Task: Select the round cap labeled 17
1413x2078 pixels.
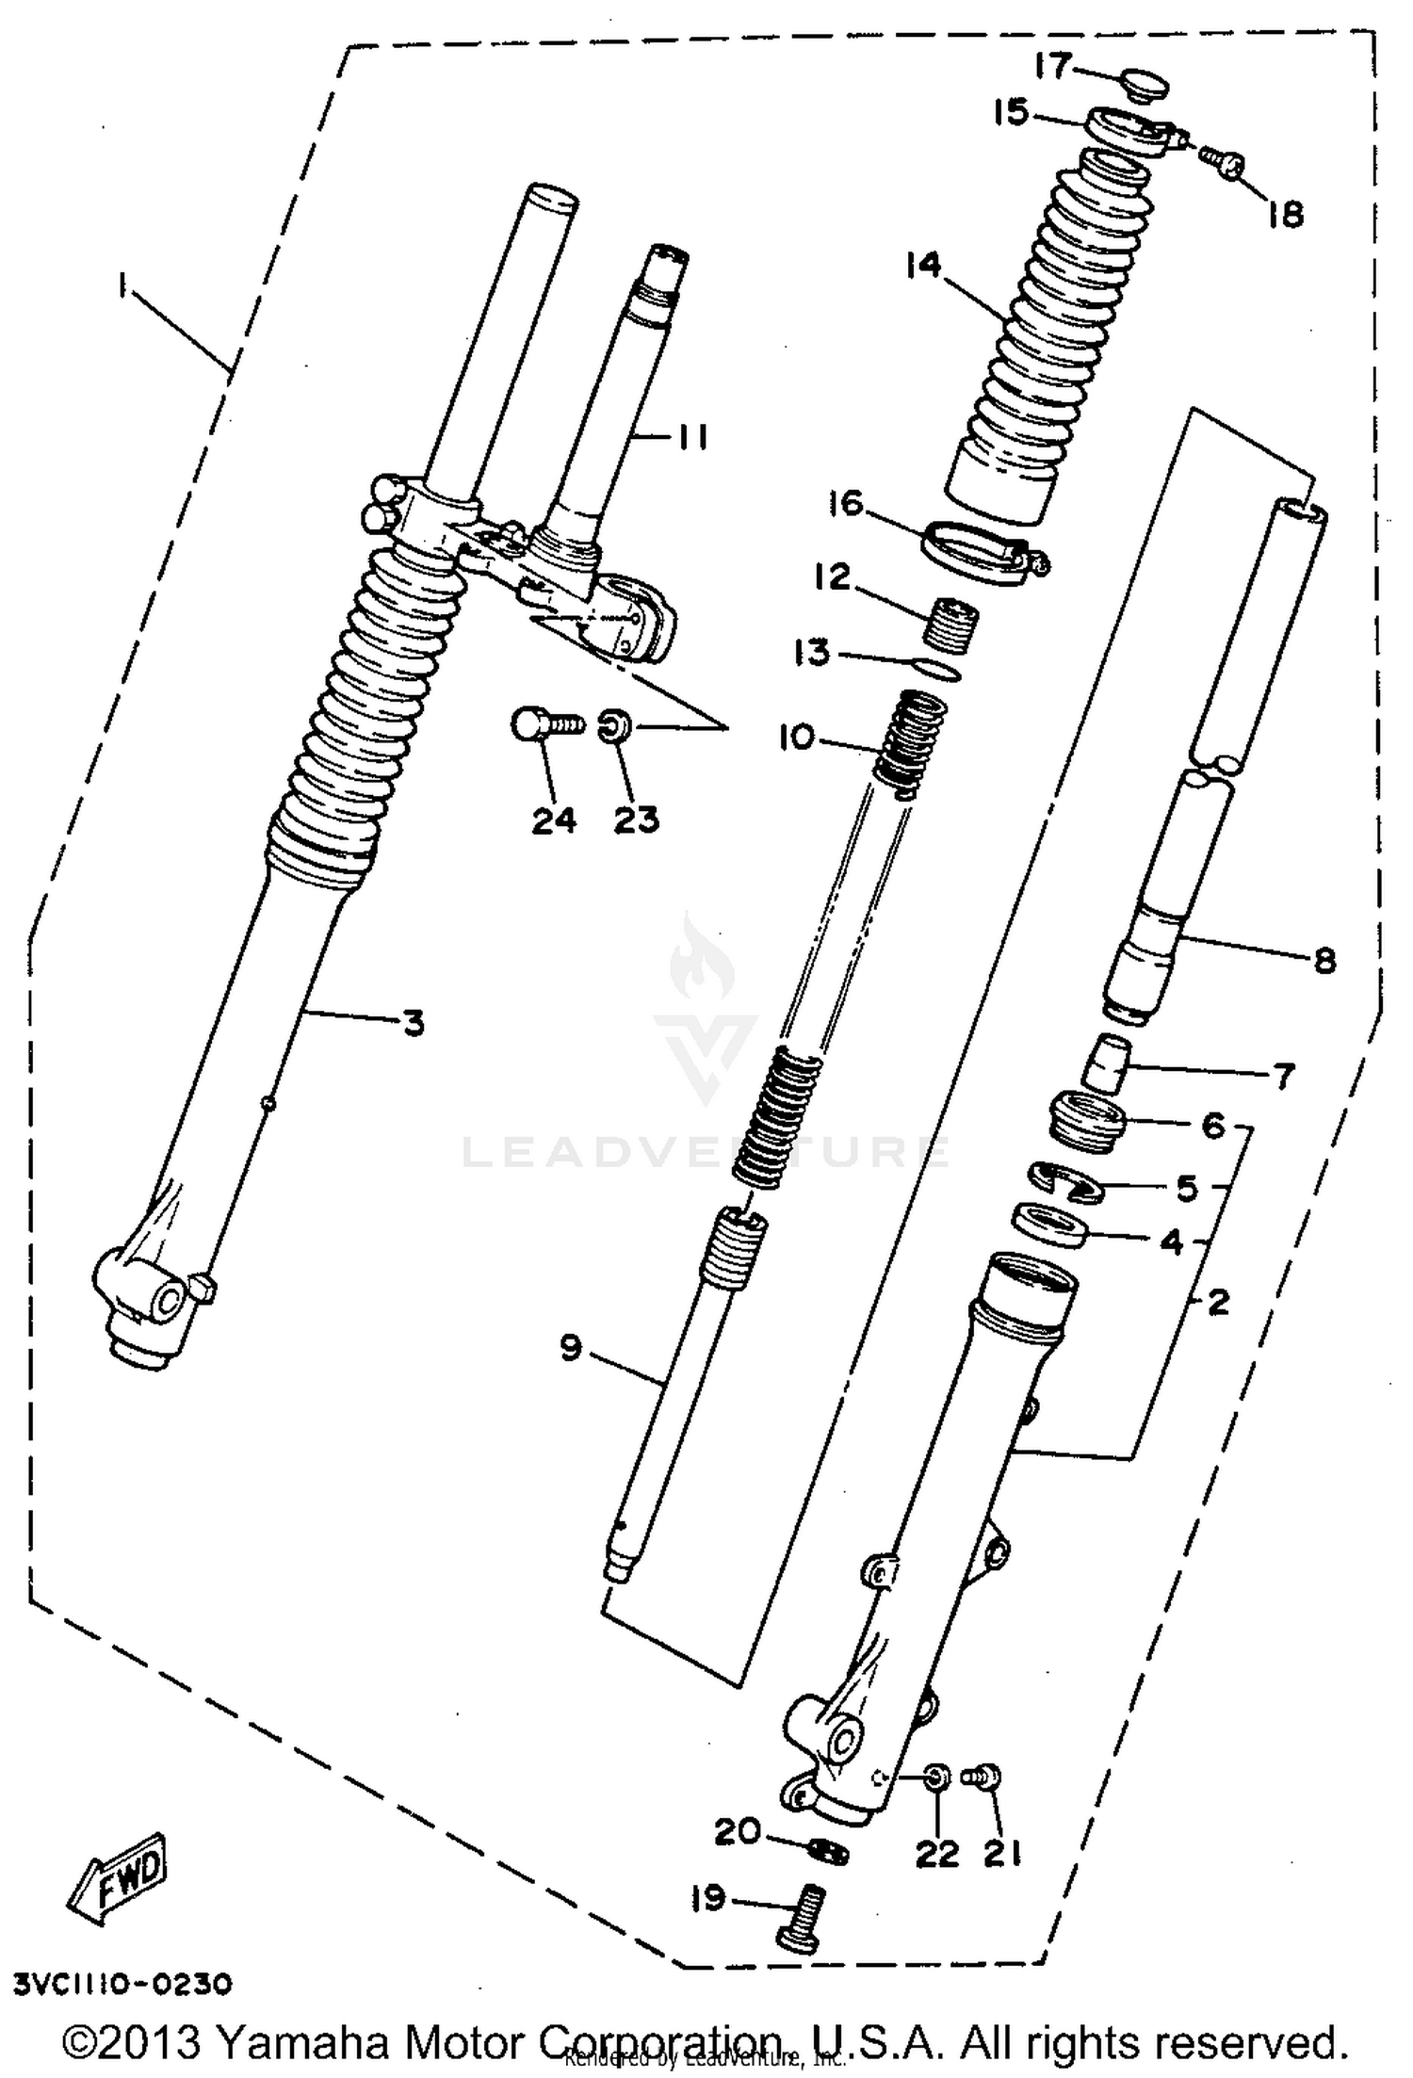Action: [x=1144, y=87]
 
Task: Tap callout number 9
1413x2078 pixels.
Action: [x=571, y=1349]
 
